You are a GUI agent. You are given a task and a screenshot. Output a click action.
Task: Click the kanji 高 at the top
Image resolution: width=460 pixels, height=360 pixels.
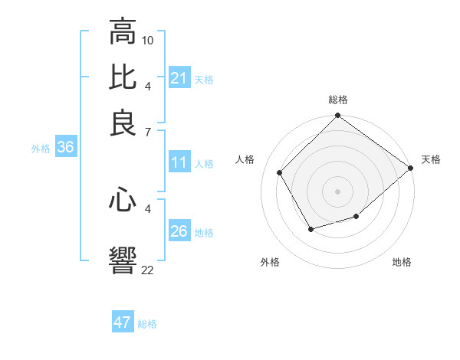tap(123, 32)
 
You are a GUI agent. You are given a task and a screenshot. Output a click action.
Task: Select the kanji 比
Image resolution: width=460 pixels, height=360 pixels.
tap(123, 77)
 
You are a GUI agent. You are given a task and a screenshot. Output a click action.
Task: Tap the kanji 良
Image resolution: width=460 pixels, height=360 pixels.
tap(123, 123)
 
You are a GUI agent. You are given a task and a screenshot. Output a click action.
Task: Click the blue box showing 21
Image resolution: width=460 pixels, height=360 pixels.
tap(179, 78)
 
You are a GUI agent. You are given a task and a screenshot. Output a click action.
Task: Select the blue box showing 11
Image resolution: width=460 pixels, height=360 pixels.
tap(179, 162)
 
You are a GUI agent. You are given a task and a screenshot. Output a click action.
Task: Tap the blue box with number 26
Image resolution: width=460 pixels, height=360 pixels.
tap(179, 231)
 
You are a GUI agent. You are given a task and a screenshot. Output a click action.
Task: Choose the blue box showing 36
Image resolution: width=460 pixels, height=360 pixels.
tap(65, 148)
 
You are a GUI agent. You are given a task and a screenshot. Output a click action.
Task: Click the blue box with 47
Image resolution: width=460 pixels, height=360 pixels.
tap(123, 322)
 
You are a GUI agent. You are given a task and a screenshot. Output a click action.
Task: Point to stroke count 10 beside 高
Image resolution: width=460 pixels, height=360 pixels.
tap(148, 39)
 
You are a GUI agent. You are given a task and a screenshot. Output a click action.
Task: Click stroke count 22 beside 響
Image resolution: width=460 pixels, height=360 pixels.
tap(148, 270)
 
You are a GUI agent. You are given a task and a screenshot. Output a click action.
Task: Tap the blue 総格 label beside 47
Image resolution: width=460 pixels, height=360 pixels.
tap(147, 324)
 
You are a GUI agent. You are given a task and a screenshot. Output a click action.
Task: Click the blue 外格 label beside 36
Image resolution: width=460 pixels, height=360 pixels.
tap(41, 149)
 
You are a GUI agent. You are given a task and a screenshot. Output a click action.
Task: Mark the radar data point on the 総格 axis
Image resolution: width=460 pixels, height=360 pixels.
tap(337, 116)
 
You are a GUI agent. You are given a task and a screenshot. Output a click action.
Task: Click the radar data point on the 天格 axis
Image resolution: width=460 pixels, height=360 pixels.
tap(410, 168)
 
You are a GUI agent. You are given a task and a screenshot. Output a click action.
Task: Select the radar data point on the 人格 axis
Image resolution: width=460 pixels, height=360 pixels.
tap(280, 172)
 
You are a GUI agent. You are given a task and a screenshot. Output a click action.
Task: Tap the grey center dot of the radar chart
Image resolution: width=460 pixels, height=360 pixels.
tap(337, 191)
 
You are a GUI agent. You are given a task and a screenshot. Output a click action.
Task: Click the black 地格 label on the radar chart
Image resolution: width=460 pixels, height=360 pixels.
tap(402, 262)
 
